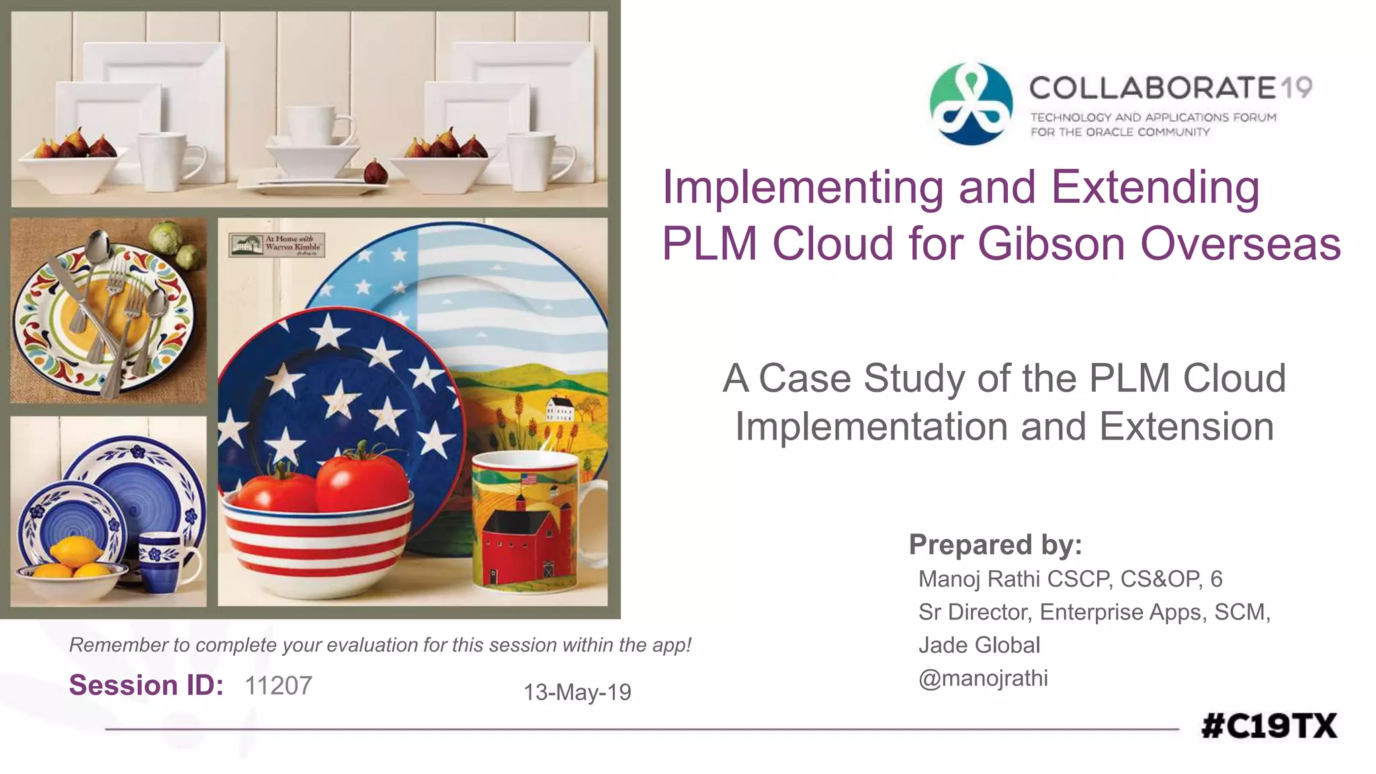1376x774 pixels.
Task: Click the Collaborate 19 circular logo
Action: [x=971, y=103]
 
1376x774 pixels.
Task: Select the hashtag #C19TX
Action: [x=1269, y=726]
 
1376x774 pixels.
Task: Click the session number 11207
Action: [x=278, y=686]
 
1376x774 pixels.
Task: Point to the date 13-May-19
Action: [x=577, y=692]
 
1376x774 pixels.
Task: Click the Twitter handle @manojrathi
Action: [x=983, y=678]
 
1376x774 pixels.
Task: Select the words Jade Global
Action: [x=979, y=645]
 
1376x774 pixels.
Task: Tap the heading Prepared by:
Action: [x=995, y=544]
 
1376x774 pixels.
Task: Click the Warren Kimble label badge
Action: [x=277, y=245]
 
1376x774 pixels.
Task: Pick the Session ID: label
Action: [x=146, y=685]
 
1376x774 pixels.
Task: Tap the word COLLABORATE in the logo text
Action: [x=1152, y=88]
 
